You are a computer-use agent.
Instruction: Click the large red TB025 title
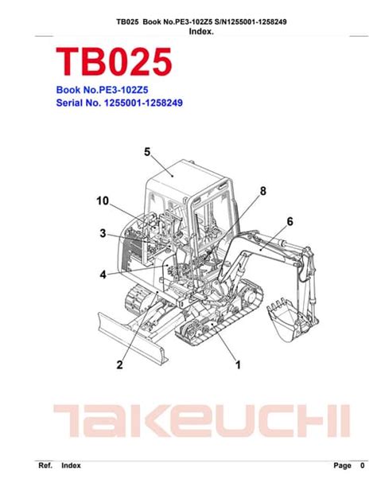[x=114, y=62]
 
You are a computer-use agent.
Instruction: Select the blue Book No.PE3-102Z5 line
[x=102, y=90]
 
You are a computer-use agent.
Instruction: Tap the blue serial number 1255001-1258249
[x=143, y=103]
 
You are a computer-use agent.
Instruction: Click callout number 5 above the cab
[x=147, y=152]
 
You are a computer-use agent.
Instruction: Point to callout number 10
[x=103, y=201]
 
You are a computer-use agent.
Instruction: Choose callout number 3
[x=103, y=233]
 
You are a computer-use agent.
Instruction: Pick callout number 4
[x=103, y=275]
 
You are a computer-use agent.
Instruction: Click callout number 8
[x=263, y=191]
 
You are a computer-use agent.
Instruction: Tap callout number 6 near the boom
[x=290, y=221]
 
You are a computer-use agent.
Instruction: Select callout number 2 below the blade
[x=119, y=364]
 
